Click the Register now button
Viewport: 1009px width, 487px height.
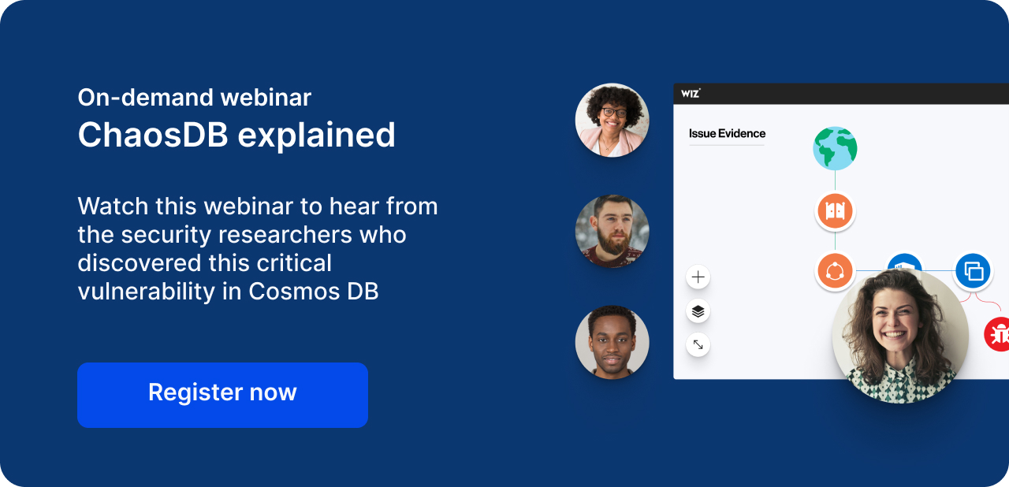click(222, 395)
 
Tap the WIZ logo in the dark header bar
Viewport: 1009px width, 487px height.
click(691, 94)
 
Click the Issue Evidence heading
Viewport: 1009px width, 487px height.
click(727, 133)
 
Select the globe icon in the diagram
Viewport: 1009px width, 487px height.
click(835, 148)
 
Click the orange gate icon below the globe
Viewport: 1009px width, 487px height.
click(835, 210)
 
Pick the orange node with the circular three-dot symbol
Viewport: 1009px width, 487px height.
click(835, 271)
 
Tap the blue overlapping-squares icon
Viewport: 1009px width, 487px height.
click(973, 271)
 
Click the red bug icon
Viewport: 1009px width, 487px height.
click(997, 334)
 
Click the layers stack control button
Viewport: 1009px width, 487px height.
click(698, 311)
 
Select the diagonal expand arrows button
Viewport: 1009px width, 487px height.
click(698, 345)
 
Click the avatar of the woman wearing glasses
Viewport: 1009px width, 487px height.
click(612, 121)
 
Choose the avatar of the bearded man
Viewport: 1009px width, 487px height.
click(612, 232)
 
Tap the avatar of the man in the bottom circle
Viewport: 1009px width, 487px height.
click(612, 343)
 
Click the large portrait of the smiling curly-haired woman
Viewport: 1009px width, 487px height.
click(900, 336)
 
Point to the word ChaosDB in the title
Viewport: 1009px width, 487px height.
click(153, 135)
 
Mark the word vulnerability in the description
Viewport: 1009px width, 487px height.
click(147, 292)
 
